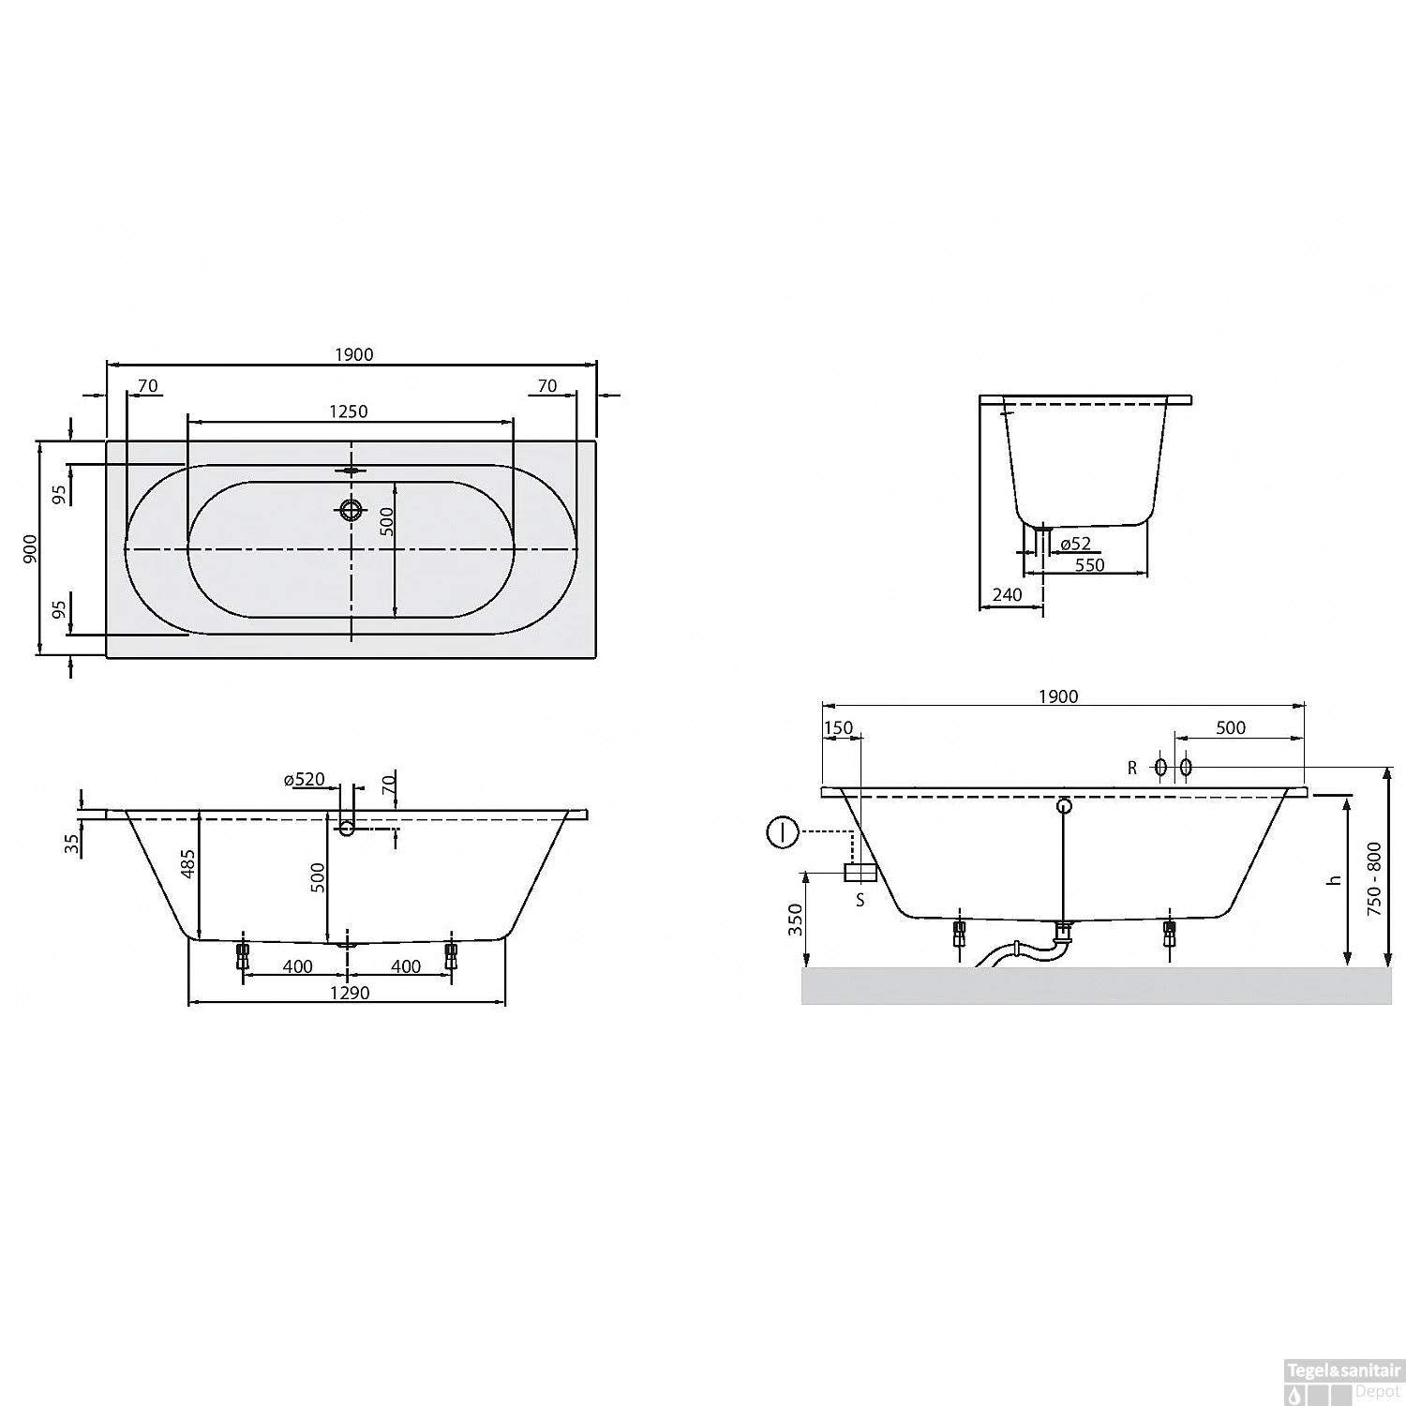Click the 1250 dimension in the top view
coord(348,411)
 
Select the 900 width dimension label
coord(29,548)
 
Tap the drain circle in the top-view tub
coord(351,510)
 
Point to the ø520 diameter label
coord(304,780)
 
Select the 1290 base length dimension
coord(348,993)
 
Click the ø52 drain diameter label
coord(1075,544)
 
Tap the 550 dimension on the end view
coord(1089,565)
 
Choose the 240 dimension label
coord(1008,595)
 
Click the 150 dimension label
coord(839,729)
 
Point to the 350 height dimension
coord(796,920)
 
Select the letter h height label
coord(1335,879)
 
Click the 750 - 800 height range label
coord(1374,878)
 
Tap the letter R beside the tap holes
coord(1132,768)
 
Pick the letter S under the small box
coord(860,901)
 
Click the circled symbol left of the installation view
coord(782,831)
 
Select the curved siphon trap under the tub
coord(1017,952)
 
